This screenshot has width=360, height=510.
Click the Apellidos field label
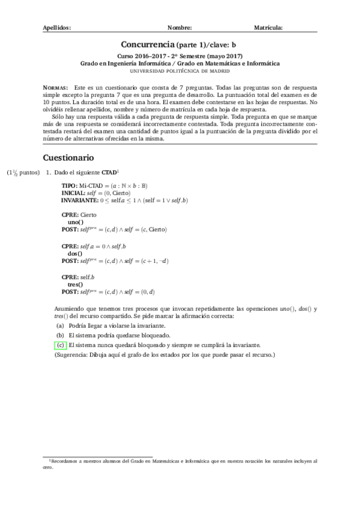[57, 28]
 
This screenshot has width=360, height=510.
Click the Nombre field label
[180, 28]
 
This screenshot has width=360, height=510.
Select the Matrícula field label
[269, 28]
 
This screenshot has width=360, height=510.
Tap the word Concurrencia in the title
[147, 45]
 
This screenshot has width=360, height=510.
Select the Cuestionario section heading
[69, 158]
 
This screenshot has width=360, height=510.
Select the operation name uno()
[76, 222]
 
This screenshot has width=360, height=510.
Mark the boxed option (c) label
[60, 345]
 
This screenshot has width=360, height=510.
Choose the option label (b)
[60, 335]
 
